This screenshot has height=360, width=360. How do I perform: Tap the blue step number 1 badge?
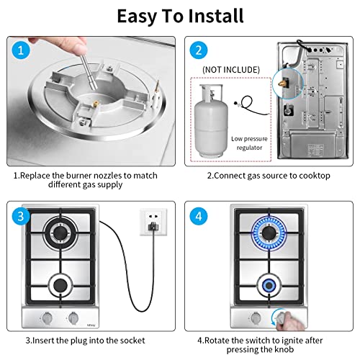20,51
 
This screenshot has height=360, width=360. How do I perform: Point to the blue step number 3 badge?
20,216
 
